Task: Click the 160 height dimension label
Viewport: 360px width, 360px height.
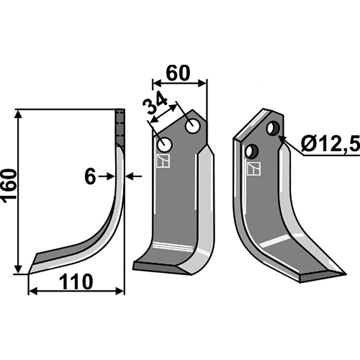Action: (x=9, y=186)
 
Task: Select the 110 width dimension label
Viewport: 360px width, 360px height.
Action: (x=76, y=282)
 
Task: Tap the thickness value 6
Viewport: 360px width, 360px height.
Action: (x=90, y=177)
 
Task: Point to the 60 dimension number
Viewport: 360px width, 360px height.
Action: (x=178, y=73)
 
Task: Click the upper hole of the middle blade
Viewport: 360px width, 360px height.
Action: (x=193, y=126)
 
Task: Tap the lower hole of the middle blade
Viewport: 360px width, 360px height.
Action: (x=165, y=144)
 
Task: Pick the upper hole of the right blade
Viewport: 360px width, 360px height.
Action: (x=273, y=128)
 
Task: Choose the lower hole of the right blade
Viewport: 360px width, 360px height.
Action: (x=252, y=151)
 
